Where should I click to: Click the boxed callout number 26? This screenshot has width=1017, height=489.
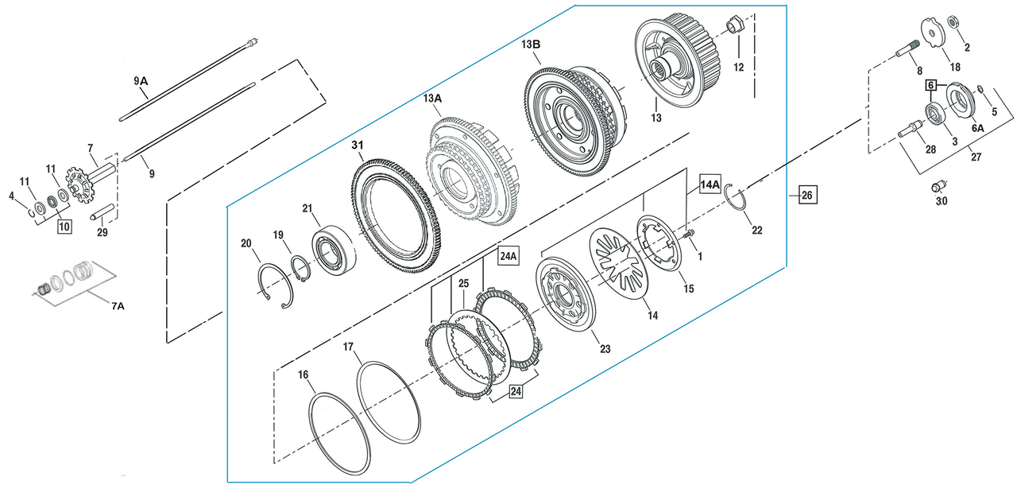pyautogui.click(x=807, y=194)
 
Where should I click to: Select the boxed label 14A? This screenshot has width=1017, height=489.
pyautogui.click(x=710, y=184)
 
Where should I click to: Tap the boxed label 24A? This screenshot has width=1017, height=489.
pyautogui.click(x=508, y=256)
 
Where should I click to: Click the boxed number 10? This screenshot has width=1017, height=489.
pyautogui.click(x=64, y=227)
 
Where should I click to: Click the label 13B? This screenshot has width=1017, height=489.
pyautogui.click(x=531, y=45)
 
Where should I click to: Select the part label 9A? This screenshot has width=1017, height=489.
pyautogui.click(x=141, y=80)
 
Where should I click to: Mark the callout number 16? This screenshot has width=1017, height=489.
pyautogui.click(x=303, y=375)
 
